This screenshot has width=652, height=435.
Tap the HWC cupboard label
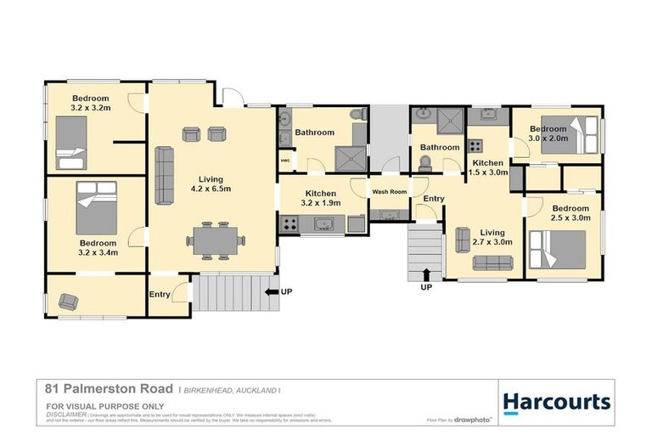pos(285,160)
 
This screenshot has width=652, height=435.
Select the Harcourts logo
pos(556,401)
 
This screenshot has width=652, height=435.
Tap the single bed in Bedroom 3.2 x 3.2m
pos(72,142)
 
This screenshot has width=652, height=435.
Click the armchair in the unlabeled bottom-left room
pos(67,299)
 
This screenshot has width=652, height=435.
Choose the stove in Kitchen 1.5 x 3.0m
pos(476,145)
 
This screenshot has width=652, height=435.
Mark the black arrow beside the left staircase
pos(273,292)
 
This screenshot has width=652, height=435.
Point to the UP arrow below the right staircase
pos(425,274)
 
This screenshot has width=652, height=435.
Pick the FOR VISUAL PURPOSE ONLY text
pos(93,407)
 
